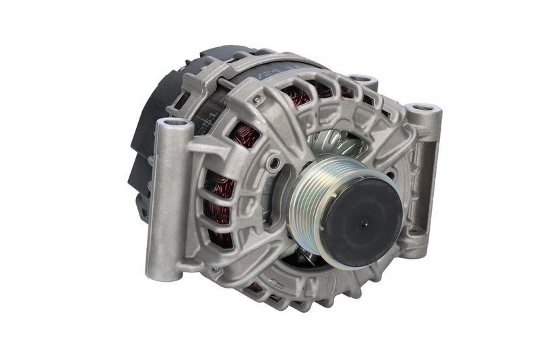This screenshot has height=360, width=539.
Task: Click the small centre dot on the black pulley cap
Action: coord(364,224)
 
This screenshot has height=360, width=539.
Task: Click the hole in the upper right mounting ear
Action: coord(422,108)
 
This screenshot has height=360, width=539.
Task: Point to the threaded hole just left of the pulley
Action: coord(273,164)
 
